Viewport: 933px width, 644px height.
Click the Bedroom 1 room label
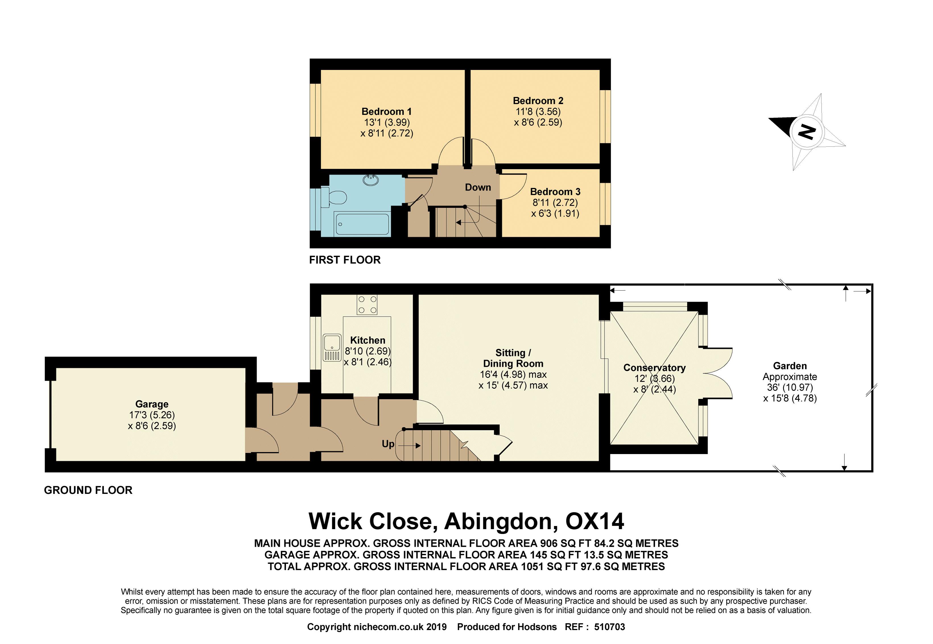386,111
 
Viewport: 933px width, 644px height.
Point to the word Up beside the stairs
388,444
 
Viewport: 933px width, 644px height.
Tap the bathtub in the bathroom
362,224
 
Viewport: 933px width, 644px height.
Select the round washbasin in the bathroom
371,180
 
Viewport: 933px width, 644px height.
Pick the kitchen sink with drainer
332,347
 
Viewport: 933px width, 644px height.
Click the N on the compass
806,132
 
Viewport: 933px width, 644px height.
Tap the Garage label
152,404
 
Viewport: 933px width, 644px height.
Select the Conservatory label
655,368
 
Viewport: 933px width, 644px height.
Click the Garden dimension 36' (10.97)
790,387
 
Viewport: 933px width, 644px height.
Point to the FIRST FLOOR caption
345,260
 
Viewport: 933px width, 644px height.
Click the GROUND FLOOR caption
88,490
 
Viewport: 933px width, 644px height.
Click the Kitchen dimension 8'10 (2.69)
368,351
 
